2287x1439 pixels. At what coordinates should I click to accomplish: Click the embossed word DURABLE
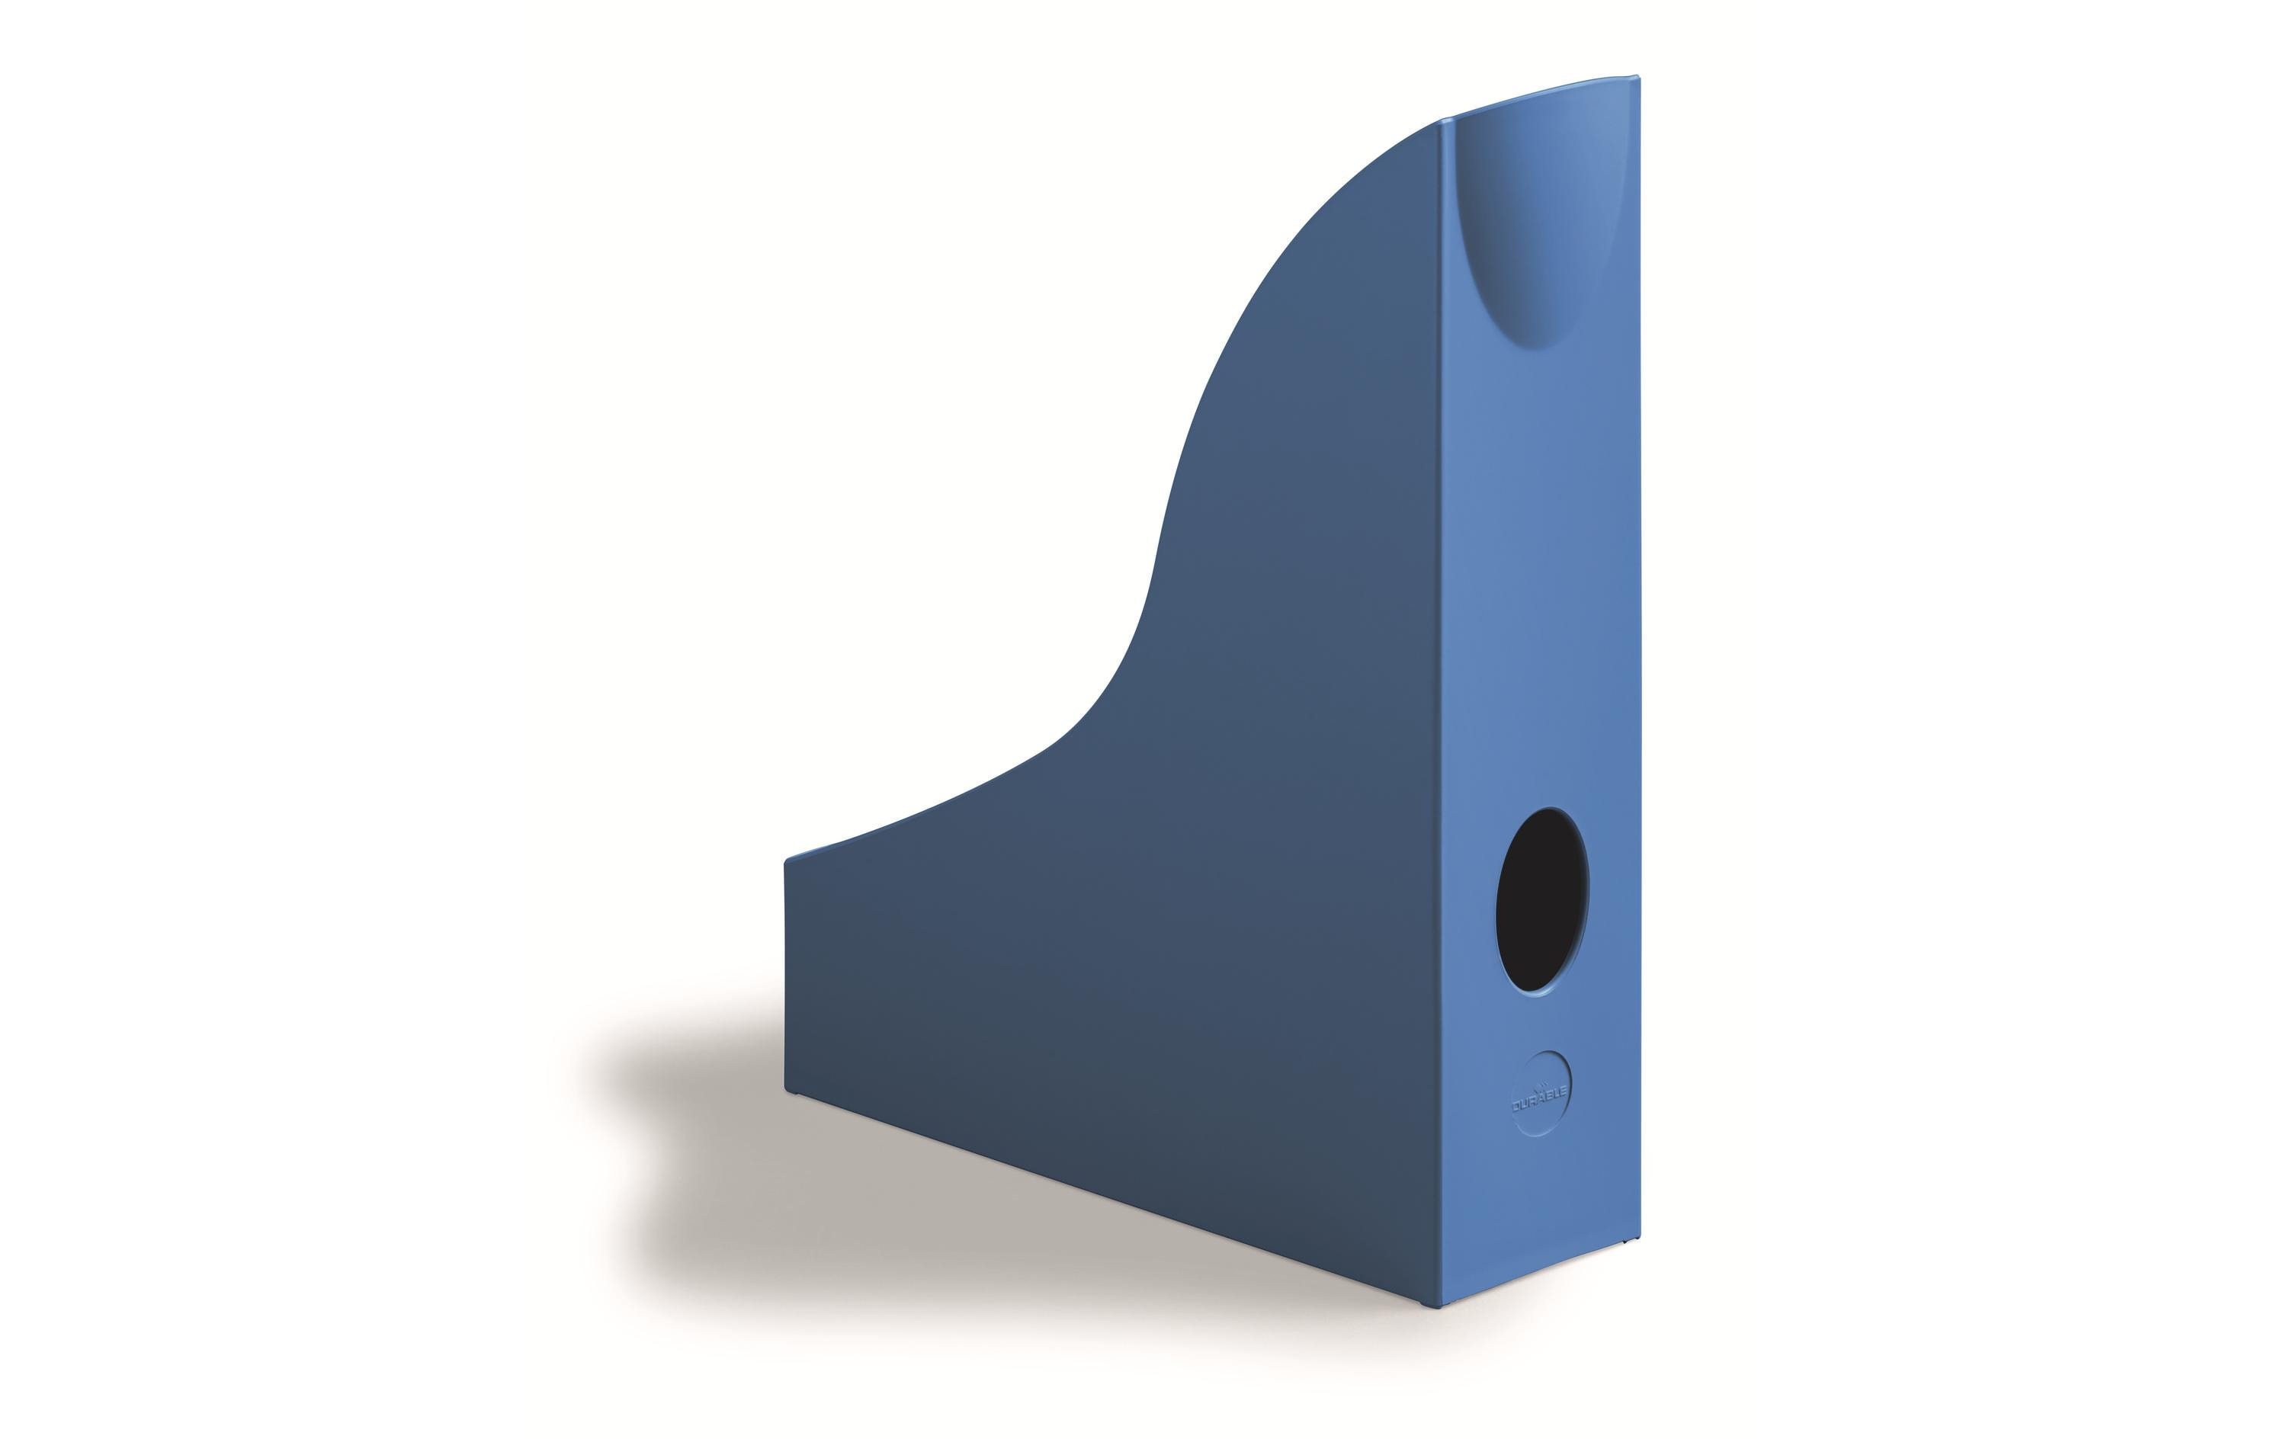click(x=1541, y=1101)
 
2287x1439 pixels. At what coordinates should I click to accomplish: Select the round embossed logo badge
click(x=1541, y=1093)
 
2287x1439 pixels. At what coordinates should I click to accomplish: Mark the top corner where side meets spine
click(x=1442, y=120)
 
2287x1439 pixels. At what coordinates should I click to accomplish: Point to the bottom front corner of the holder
click(x=1438, y=1280)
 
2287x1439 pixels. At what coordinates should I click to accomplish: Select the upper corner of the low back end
click(x=787, y=861)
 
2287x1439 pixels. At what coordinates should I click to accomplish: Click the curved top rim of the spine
click(x=1538, y=95)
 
